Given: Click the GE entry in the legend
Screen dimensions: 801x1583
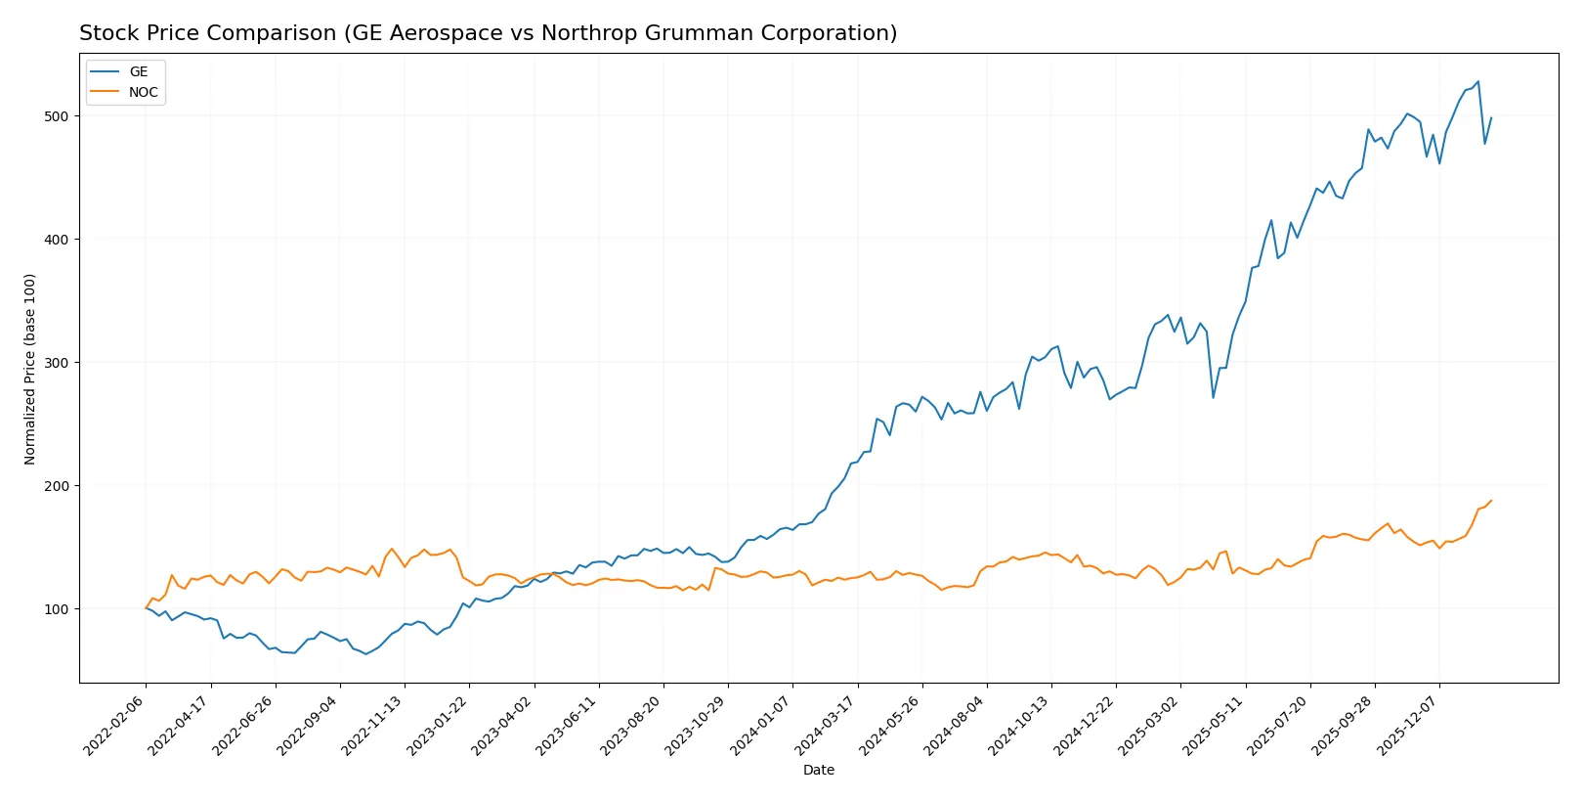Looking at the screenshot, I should pyautogui.click(x=139, y=72).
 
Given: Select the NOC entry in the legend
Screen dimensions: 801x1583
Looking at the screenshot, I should pyautogui.click(x=143, y=93).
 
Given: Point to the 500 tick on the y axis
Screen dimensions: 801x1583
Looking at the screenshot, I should pyautogui.click(x=56, y=116).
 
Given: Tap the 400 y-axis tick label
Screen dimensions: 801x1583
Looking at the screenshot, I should pyautogui.click(x=56, y=240).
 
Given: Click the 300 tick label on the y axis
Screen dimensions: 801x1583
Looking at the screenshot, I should pyautogui.click(x=56, y=363).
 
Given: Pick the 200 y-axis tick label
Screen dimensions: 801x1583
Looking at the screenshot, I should pyautogui.click(x=56, y=486).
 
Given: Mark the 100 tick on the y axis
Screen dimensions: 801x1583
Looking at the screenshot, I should pyautogui.click(x=56, y=609).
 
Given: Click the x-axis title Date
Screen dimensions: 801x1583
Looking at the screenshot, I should pyautogui.click(x=819, y=771).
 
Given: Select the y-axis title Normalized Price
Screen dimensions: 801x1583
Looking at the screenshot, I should pyautogui.click(x=30, y=369).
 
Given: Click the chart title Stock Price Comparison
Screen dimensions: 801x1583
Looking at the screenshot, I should pyautogui.click(x=488, y=33).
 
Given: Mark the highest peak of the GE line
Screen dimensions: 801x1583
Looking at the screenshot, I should pyautogui.click(x=1477, y=81).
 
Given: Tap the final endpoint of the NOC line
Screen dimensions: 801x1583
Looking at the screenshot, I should pyautogui.click(x=1491, y=501).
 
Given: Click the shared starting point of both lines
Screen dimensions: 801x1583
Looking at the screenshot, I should pyautogui.click(x=146, y=608).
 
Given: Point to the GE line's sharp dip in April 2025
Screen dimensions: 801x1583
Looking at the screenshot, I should pyautogui.click(x=1213, y=397).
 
